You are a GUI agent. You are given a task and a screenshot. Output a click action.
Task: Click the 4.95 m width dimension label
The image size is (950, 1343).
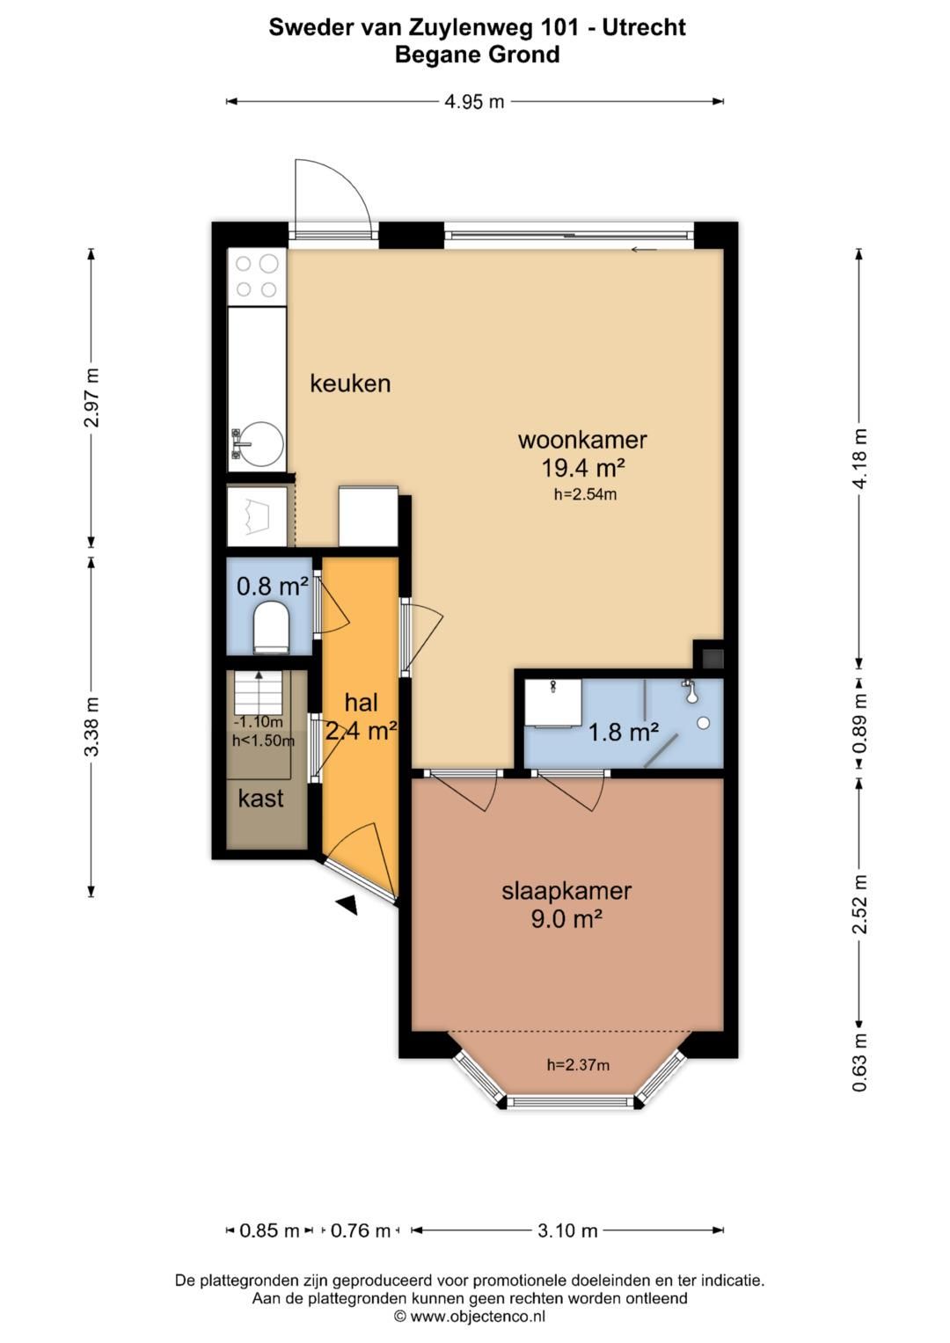click(474, 102)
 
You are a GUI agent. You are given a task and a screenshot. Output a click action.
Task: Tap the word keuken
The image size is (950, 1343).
click(350, 383)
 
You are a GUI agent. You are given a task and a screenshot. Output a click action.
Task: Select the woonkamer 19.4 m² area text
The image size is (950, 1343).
click(583, 467)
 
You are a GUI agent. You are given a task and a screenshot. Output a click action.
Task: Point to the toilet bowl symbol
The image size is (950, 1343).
click(272, 628)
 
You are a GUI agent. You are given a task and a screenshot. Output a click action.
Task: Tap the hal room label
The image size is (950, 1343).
click(361, 703)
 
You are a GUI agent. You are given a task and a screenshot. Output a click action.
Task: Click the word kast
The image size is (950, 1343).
click(261, 799)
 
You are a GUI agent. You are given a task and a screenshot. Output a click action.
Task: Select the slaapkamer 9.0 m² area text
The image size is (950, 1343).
click(566, 918)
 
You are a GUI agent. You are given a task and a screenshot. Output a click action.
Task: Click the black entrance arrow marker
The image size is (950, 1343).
click(347, 905)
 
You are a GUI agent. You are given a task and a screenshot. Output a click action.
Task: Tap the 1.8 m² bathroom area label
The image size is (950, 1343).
click(624, 732)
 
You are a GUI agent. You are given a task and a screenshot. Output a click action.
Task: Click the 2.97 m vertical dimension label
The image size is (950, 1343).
click(91, 397)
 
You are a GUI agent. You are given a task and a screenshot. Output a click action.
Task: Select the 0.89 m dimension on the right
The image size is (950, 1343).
click(860, 725)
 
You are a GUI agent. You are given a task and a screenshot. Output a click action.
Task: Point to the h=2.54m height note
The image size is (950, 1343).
click(585, 494)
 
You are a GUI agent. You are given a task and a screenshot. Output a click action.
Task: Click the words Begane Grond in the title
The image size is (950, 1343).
click(478, 55)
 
